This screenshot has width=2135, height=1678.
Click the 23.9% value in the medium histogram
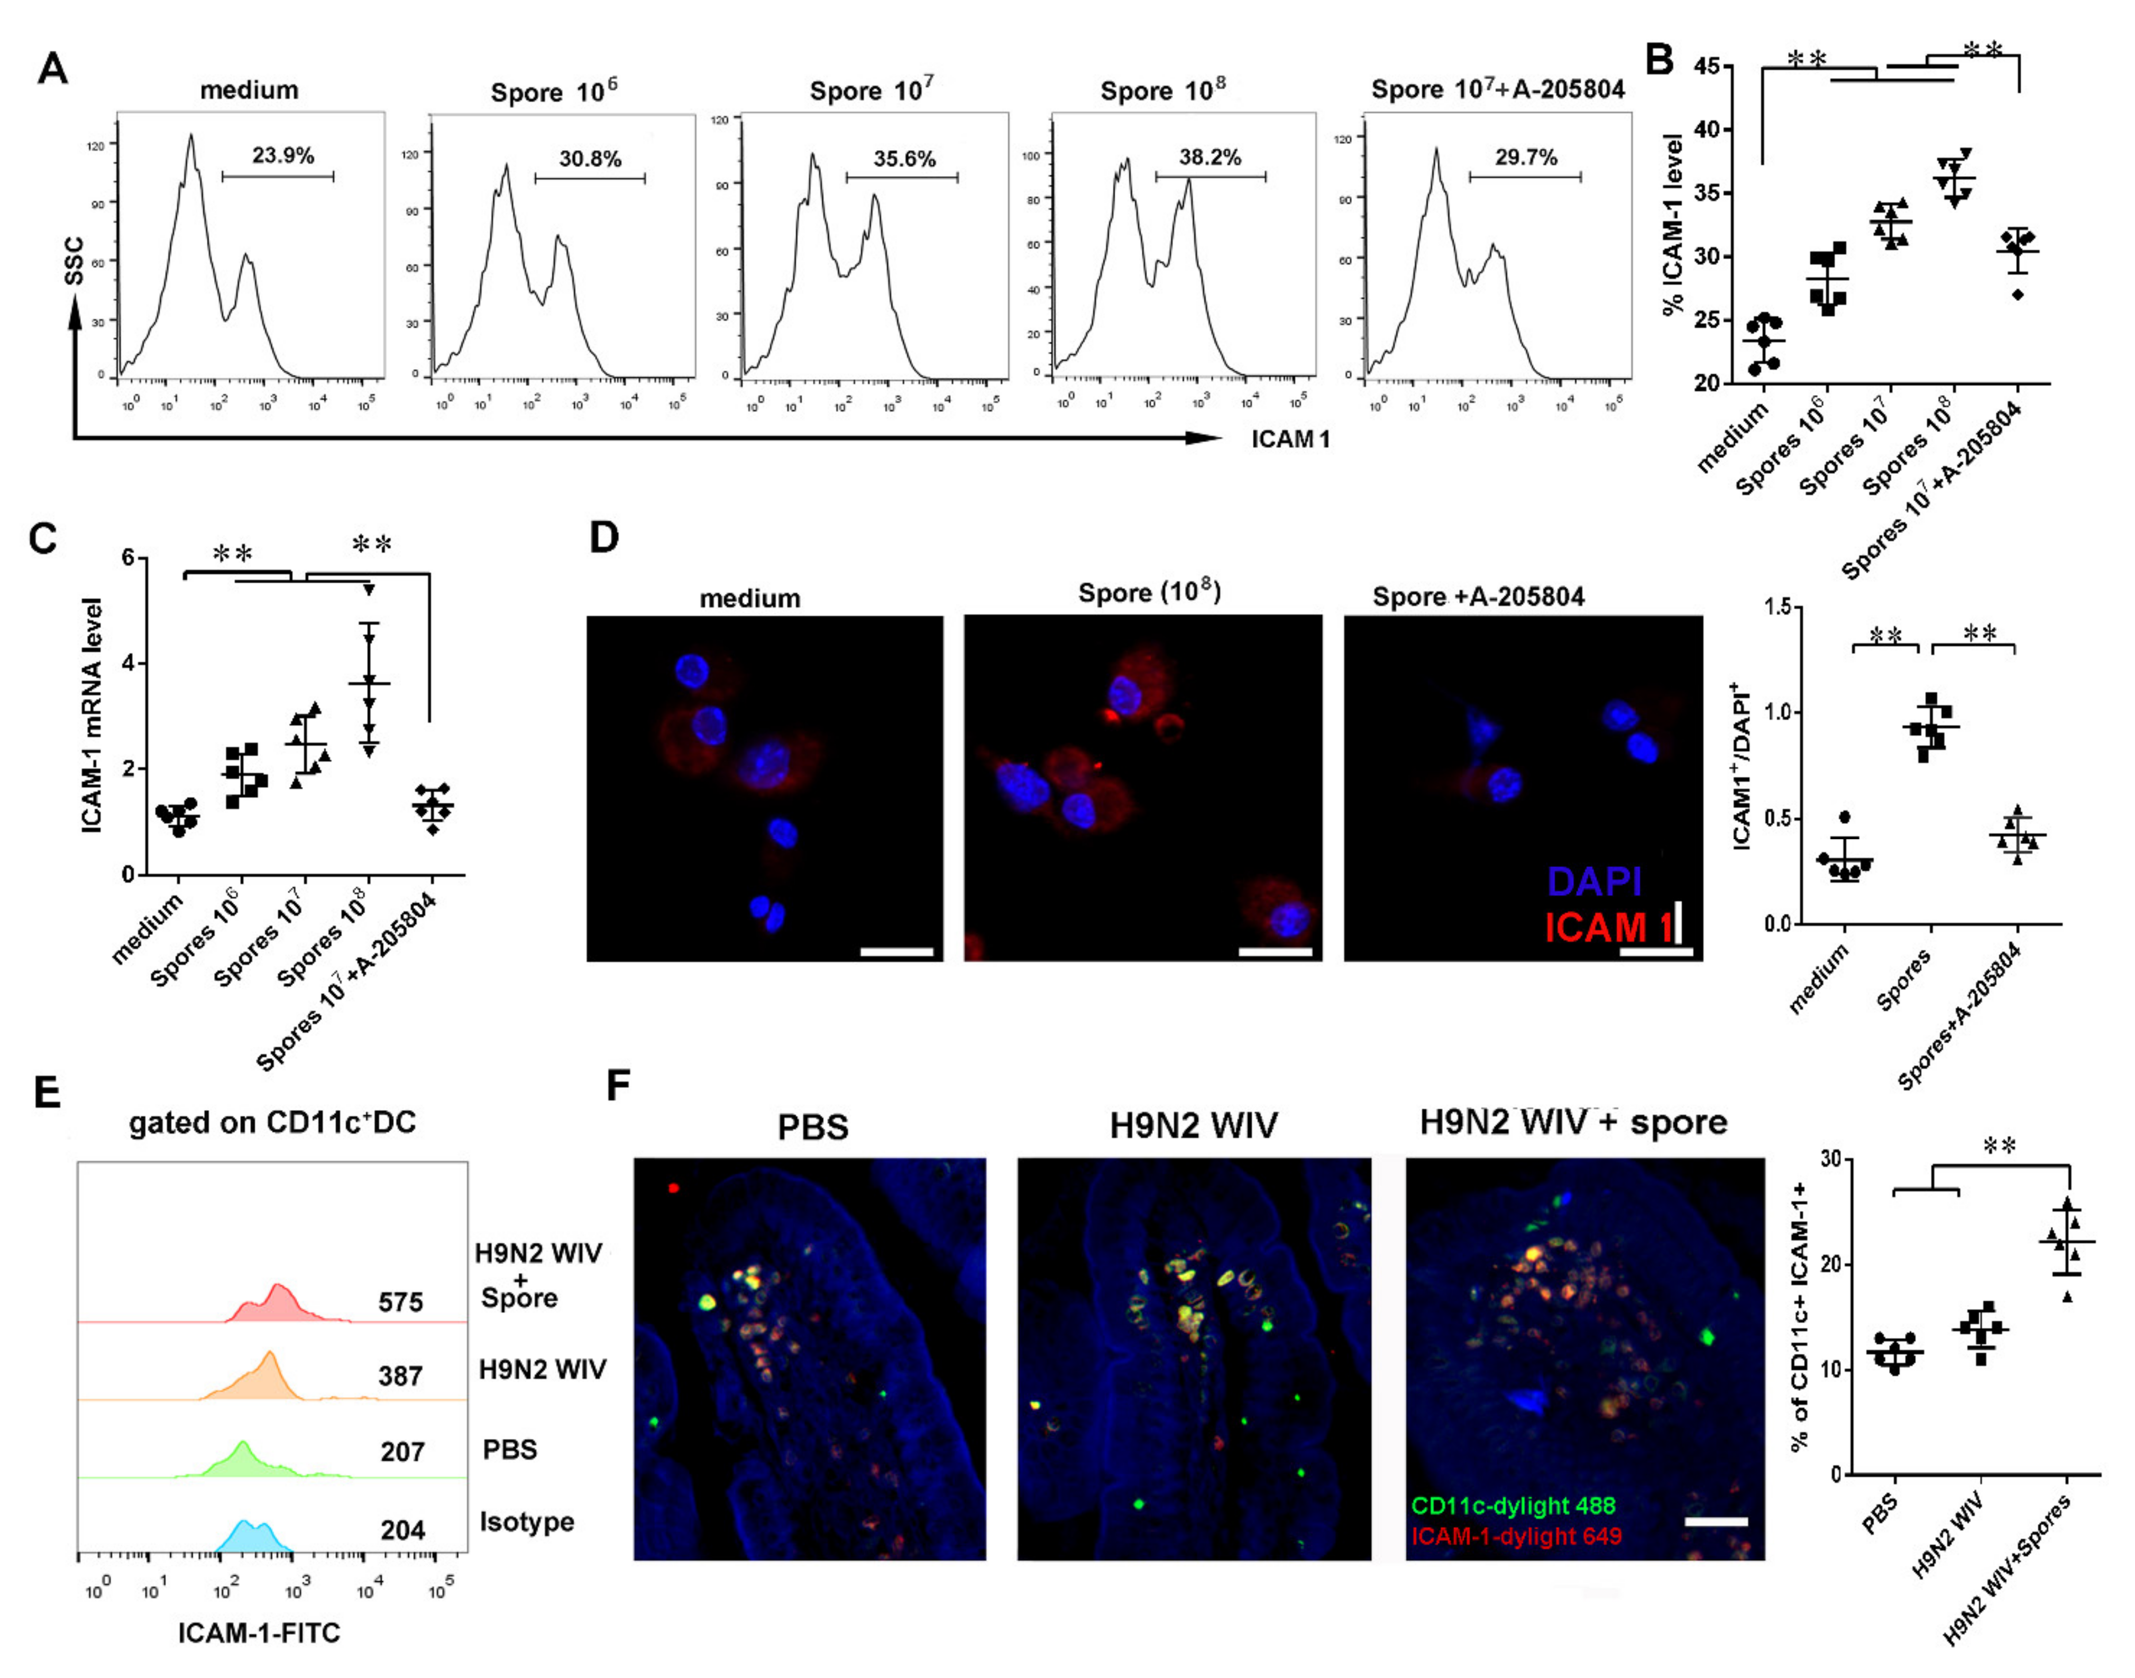pyautogui.click(x=283, y=155)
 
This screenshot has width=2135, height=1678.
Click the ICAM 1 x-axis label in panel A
pyautogui.click(x=1290, y=439)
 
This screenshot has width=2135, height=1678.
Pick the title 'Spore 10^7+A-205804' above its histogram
pyautogui.click(x=1497, y=89)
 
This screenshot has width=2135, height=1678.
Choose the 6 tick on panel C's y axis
pyautogui.click(x=128, y=558)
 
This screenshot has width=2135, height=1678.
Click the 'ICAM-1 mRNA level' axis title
pyautogui.click(x=93, y=715)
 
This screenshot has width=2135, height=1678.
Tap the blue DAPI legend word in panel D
pyautogui.click(x=1593, y=881)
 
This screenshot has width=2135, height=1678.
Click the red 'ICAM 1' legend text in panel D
pyautogui.click(x=1607, y=927)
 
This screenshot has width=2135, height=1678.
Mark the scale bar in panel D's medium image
pyautogui.click(x=896, y=951)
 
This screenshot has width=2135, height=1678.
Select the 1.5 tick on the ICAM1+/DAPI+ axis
pyautogui.click(x=1777, y=607)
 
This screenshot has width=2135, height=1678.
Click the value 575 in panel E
pyautogui.click(x=400, y=1303)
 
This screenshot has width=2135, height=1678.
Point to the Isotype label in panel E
pyautogui.click(x=527, y=1522)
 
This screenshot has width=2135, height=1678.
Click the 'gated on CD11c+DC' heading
pyautogui.click(x=272, y=1122)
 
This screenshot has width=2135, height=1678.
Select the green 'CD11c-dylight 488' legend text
pyautogui.click(x=1513, y=1505)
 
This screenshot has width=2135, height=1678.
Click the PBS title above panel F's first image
pyautogui.click(x=812, y=1126)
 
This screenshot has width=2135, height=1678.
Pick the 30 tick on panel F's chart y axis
pyautogui.click(x=1829, y=1159)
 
